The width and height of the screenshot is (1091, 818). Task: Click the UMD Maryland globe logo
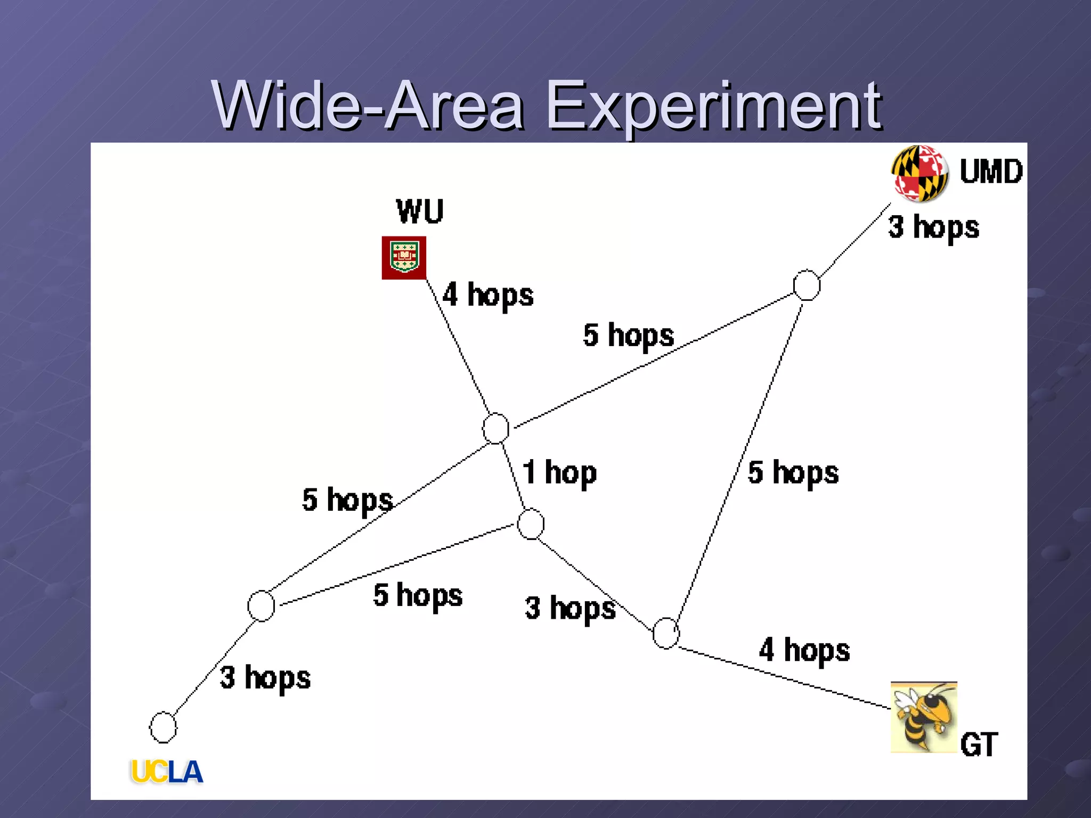(919, 173)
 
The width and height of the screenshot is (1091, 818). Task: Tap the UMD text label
(991, 171)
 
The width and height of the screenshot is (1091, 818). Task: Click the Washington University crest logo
(404, 258)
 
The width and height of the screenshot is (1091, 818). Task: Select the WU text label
(420, 211)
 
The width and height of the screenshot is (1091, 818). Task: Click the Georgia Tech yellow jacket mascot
(923, 717)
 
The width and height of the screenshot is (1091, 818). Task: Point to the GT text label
(979, 744)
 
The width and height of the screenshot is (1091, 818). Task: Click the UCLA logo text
(167, 772)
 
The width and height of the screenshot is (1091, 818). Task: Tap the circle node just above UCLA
(163, 727)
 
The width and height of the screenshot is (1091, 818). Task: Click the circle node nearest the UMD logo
(807, 285)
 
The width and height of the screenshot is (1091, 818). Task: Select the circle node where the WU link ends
(496, 428)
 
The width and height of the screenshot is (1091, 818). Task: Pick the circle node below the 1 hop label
(531, 524)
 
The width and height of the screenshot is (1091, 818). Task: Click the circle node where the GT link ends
(666, 633)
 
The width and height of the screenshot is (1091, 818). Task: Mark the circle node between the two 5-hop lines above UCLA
(261, 606)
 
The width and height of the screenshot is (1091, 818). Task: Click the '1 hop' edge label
(559, 473)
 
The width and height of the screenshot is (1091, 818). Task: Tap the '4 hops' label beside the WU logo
(488, 295)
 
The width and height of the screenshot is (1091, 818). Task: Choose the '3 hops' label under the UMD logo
(933, 227)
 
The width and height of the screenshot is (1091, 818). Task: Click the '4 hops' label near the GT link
(804, 650)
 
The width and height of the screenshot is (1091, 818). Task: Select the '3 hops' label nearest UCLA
(265, 678)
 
